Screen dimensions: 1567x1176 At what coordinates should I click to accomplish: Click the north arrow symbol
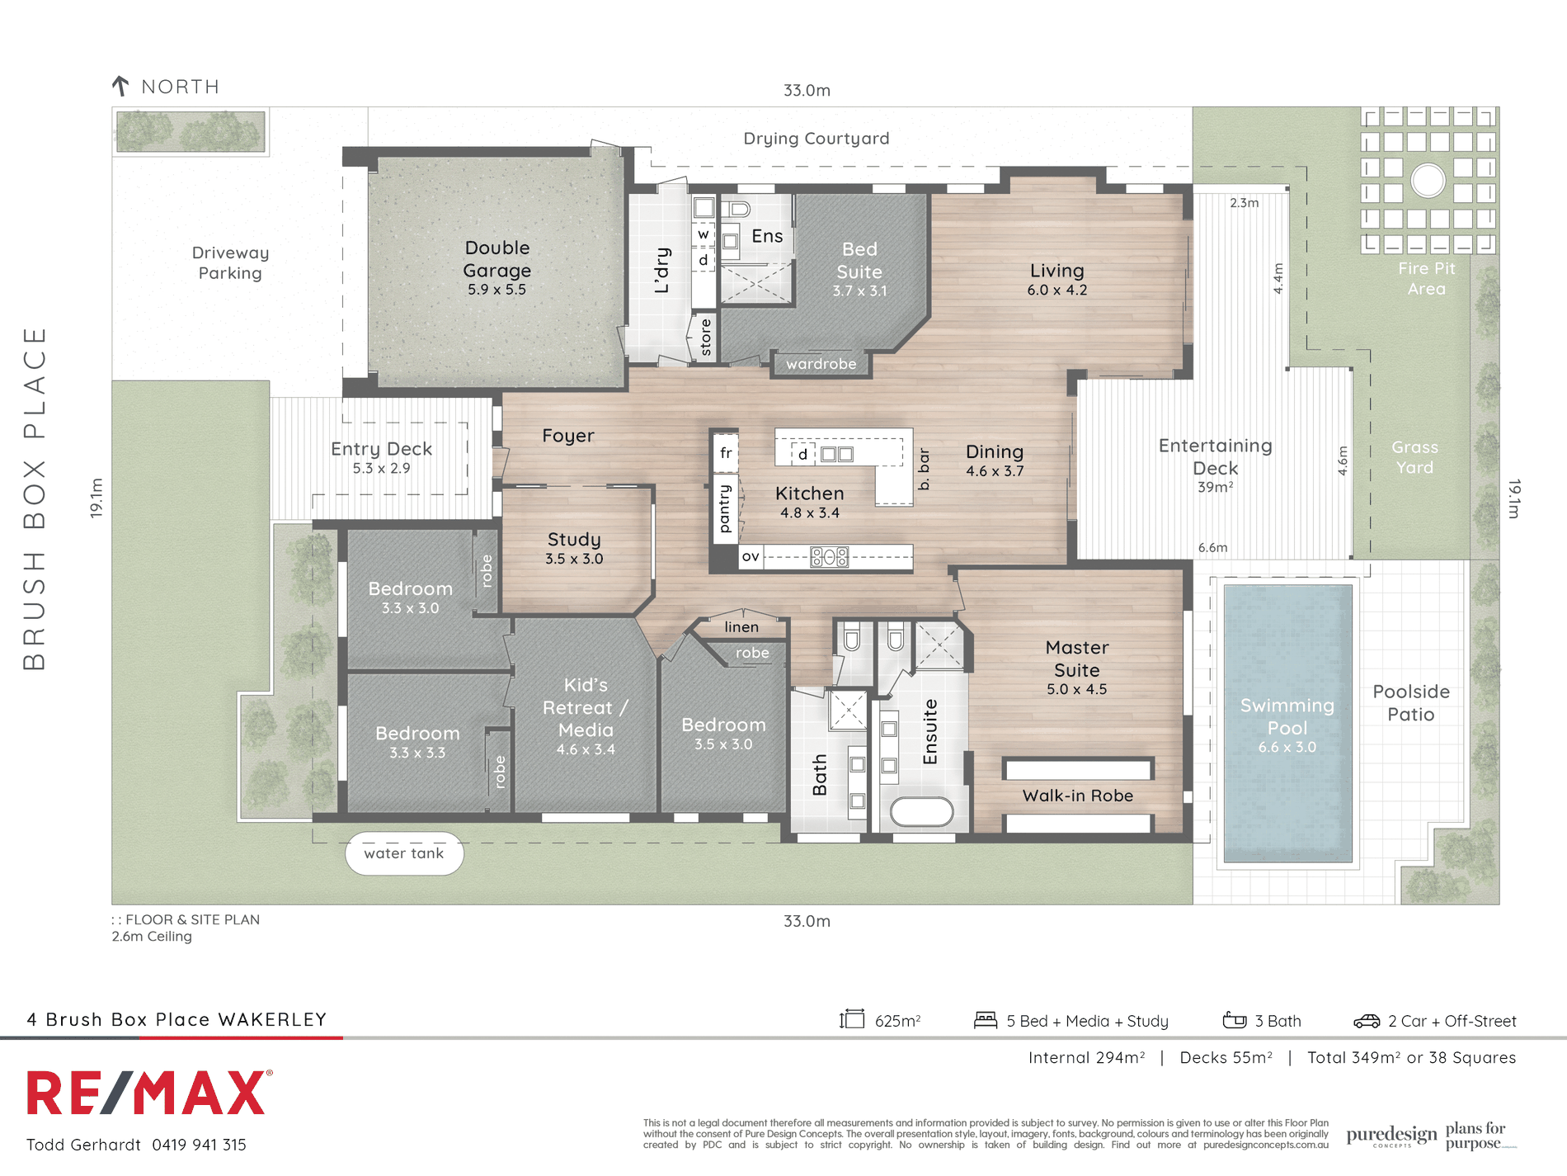[120, 86]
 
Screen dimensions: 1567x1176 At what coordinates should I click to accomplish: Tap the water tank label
[404, 853]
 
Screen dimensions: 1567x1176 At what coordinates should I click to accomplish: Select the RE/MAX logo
[149, 1093]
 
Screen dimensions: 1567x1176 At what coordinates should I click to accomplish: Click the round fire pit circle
[1428, 180]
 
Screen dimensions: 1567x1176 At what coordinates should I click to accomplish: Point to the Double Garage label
[497, 259]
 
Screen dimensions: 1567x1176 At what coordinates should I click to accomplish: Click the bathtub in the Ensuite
[922, 810]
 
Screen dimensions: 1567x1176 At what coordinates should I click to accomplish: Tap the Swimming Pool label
[1287, 716]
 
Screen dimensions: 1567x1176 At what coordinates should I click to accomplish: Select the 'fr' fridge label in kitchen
[726, 452]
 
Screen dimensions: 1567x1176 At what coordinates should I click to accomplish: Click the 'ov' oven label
[751, 556]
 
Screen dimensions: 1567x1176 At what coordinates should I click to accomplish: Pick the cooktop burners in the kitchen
[829, 557]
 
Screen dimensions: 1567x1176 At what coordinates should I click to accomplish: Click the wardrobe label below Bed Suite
[821, 364]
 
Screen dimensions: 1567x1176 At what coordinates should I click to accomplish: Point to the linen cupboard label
[741, 627]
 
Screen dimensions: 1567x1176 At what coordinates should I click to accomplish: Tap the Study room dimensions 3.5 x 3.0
[574, 559]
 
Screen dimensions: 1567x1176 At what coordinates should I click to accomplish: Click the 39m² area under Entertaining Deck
[1216, 487]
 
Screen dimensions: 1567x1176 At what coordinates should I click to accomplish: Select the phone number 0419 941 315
[200, 1145]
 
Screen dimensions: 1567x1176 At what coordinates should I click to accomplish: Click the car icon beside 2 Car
[1367, 1021]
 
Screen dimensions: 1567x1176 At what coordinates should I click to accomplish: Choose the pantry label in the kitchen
[725, 508]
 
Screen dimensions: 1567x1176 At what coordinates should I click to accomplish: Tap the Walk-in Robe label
[1078, 796]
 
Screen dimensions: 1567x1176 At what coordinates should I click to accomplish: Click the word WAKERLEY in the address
[273, 1019]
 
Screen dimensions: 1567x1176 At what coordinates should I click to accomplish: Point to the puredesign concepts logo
[1391, 1136]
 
